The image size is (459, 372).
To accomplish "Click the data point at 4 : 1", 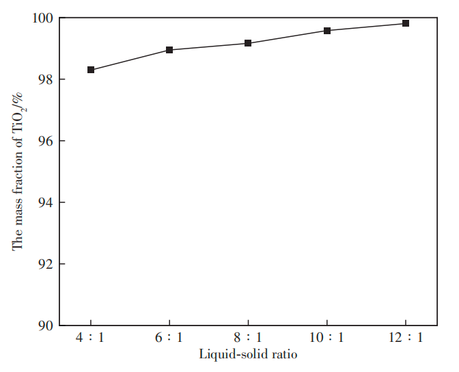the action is coord(91,70).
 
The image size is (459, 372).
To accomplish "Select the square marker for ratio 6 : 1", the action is coord(169,50).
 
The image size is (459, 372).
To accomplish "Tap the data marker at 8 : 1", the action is coord(248,43).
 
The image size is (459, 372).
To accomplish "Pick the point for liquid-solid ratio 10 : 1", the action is coord(327,31).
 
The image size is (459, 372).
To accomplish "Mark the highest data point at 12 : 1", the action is coord(406,23).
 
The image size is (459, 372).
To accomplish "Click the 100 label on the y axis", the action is coord(43,18).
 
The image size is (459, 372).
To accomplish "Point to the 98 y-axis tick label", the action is coord(46,80).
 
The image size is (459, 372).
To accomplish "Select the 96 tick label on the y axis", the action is coord(46,141).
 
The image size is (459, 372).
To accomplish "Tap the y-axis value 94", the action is coord(46,202).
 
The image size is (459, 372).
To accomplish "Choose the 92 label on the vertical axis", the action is coord(46,264).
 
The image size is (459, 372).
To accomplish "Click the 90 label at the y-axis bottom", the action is coord(46,325).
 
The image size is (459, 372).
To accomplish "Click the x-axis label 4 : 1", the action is coord(90,338).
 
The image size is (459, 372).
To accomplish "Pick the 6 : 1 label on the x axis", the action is coord(169,338).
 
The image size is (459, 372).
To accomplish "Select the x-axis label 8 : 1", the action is coord(248,338).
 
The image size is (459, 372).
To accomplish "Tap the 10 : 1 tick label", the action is coord(326,338).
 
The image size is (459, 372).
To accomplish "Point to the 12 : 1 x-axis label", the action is coord(406,338).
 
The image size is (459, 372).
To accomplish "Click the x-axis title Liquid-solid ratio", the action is coord(248,354).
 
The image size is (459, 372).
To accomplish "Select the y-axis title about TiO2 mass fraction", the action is coord(18,172).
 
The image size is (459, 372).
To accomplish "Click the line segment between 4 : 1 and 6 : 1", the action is coord(130,59).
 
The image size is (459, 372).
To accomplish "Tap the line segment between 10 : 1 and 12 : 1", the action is coord(366,27).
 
